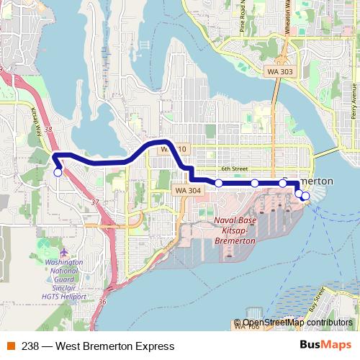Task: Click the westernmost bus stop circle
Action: click(58, 172)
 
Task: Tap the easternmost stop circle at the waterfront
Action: click(305, 196)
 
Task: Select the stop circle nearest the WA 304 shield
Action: click(219, 183)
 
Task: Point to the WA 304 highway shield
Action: click(187, 190)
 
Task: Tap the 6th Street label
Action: click(234, 169)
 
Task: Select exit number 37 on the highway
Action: click(95, 202)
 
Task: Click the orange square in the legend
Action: click(10, 346)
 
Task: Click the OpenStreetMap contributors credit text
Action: click(297, 323)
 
